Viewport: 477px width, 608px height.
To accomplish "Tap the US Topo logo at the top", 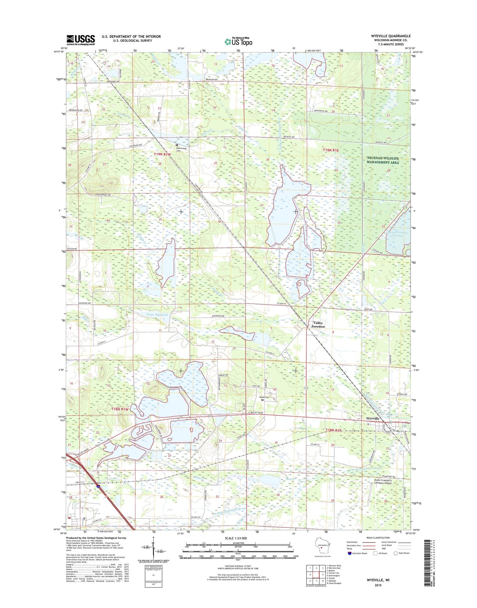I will [x=238, y=41].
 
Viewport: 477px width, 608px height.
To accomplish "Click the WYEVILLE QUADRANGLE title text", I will [x=391, y=36].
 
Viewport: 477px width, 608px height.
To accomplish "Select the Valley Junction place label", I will [x=318, y=324].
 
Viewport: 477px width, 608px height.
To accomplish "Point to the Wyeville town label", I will [x=373, y=418].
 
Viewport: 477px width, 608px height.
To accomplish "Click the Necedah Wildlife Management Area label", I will [x=383, y=160].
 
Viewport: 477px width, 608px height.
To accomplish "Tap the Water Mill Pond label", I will [x=157, y=314].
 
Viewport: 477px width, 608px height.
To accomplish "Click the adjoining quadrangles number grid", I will [x=315, y=575].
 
